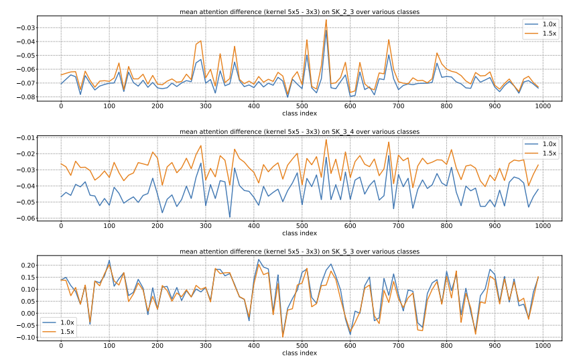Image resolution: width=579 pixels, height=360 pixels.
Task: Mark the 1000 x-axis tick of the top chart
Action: coord(542,107)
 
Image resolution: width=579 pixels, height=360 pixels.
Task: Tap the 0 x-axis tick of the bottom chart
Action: coord(61,346)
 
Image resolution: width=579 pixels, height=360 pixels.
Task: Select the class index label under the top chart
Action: coord(300,113)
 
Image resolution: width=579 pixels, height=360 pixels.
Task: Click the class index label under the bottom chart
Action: coord(300,353)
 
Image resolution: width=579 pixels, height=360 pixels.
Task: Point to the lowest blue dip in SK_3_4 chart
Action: coord(229,217)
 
